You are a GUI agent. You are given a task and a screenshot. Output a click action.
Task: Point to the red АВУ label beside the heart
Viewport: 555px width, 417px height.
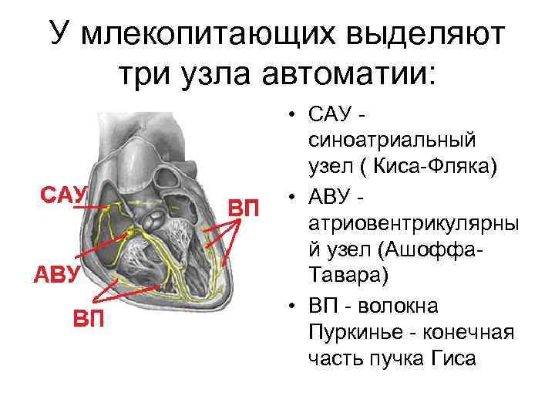point(55,274)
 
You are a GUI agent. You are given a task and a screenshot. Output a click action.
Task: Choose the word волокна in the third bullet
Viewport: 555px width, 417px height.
point(405,307)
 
